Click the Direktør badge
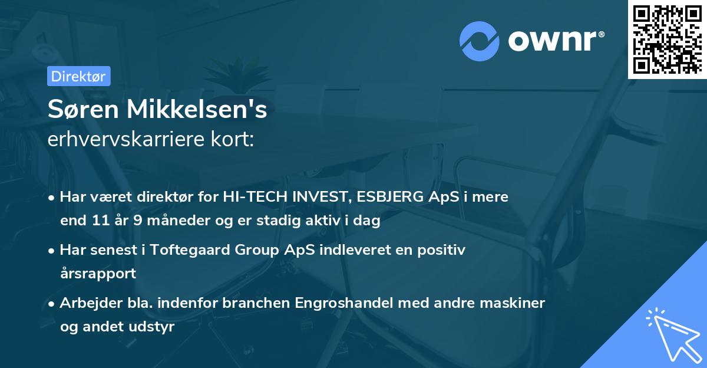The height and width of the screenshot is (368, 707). pyautogui.click(x=78, y=76)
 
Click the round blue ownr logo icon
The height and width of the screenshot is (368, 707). pyautogui.click(x=479, y=41)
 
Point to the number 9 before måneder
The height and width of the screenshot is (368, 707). pyautogui.click(x=136, y=221)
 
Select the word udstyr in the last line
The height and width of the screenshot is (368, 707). pyautogui.click(x=153, y=327)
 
